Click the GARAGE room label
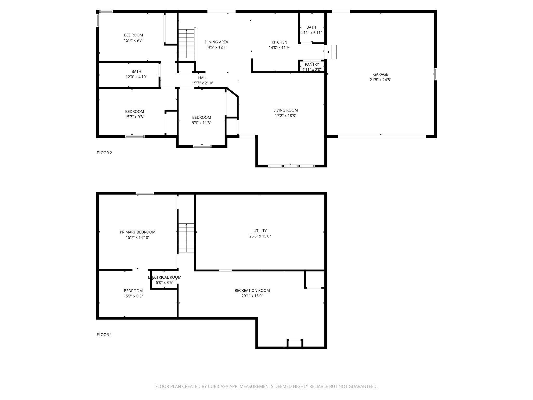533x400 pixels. [380, 74]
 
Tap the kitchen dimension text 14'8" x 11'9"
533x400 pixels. [279, 48]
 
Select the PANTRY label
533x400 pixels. [312, 64]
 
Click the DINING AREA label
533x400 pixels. [216, 42]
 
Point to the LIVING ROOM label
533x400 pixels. [285, 110]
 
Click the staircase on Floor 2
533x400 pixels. [186, 44]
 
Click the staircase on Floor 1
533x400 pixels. [186, 238]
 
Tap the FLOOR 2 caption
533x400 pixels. [104, 153]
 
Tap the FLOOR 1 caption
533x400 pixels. [104, 334]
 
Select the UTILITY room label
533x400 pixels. [260, 231]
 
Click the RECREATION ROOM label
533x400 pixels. [252, 290]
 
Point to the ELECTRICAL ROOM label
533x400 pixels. [164, 277]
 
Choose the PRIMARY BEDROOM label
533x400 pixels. [137, 232]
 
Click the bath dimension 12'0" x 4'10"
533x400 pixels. [136, 77]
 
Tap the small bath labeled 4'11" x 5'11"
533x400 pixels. [311, 30]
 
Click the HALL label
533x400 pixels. [202, 78]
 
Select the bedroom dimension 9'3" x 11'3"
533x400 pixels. [201, 123]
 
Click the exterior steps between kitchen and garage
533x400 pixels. [332, 52]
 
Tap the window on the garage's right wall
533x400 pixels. [435, 74]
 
